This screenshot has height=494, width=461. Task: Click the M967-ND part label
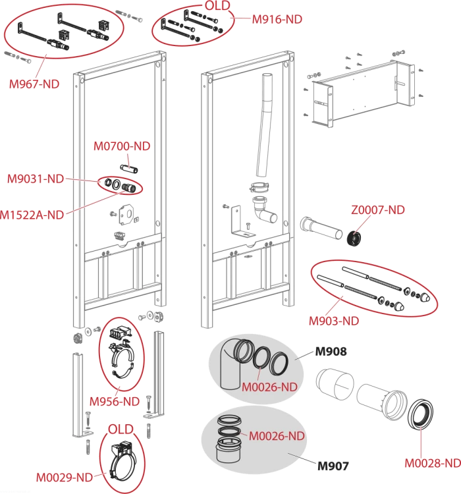point(34,84)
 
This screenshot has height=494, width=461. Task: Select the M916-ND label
point(277,20)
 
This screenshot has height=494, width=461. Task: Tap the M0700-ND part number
point(122,146)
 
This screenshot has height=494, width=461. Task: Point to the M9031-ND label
point(36,179)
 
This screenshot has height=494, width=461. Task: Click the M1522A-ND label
point(32,215)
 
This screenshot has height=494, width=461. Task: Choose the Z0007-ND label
point(378,210)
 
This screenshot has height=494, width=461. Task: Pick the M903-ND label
point(334,321)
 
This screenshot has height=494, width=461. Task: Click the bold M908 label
point(331,352)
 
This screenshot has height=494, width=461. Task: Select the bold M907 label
point(333,466)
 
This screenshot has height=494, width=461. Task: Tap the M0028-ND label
point(433,463)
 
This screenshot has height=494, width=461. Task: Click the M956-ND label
point(115,402)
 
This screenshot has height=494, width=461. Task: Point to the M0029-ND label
point(65,478)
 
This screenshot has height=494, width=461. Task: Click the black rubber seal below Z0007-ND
point(354,238)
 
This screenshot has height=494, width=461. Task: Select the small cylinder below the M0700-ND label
point(129,169)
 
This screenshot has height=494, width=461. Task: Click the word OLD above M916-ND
point(217,6)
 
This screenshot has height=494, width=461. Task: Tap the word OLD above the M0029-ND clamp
point(121,429)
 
